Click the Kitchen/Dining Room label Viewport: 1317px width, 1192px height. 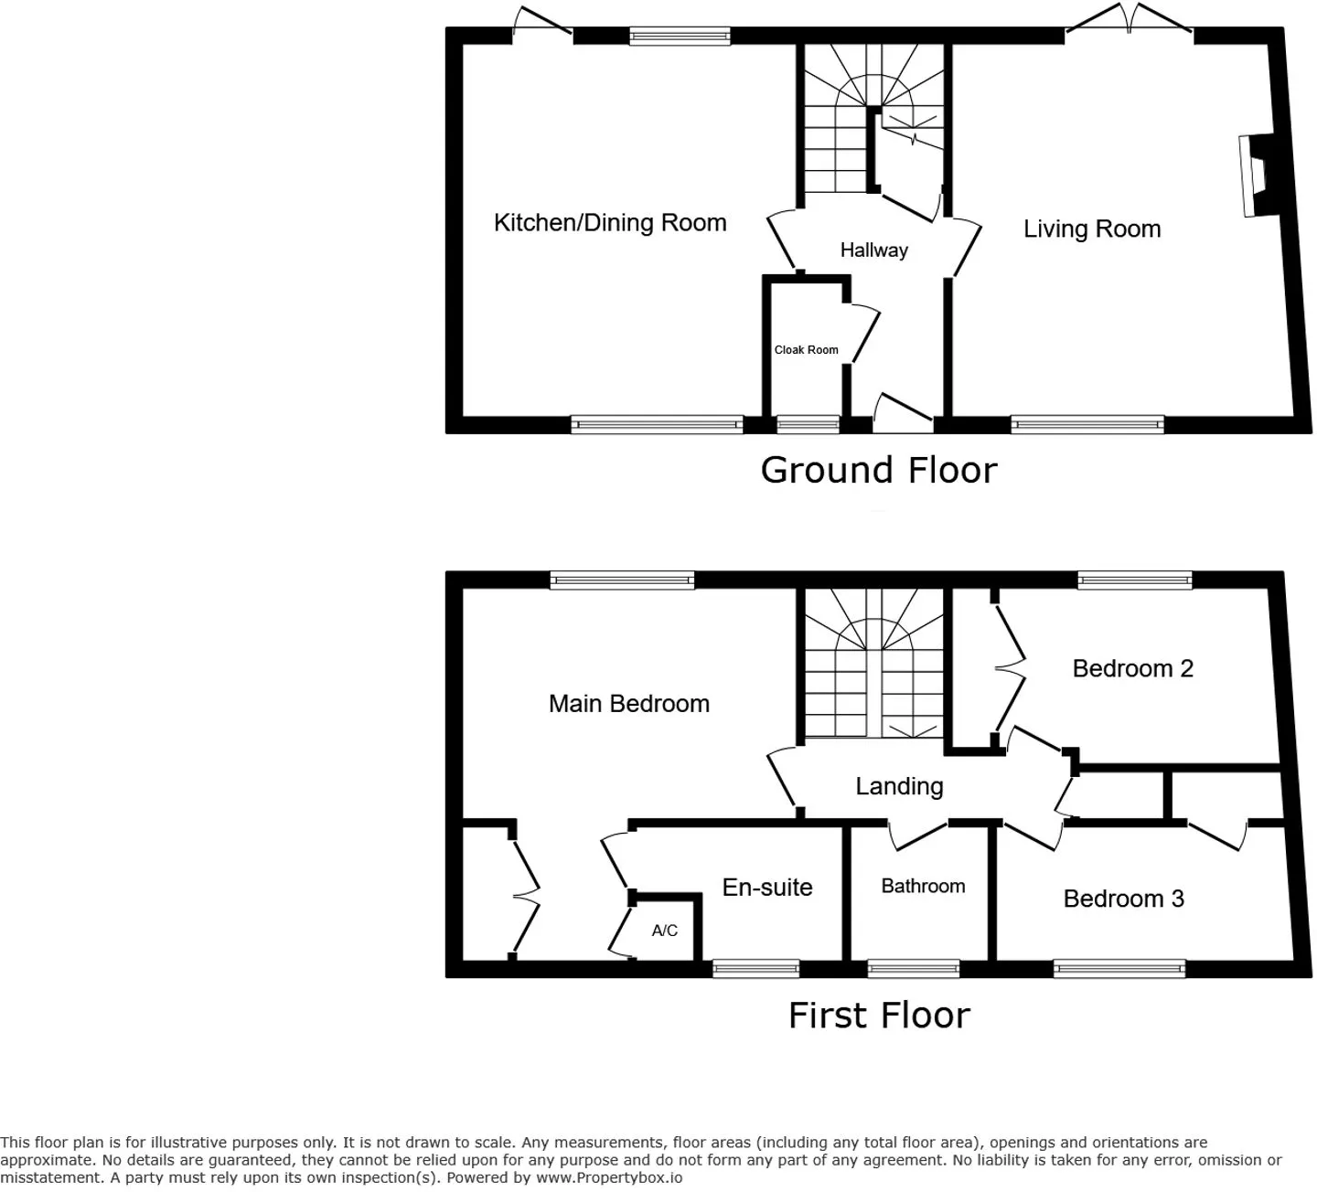pyautogui.click(x=610, y=223)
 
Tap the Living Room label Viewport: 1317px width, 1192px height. pyautogui.click(x=1092, y=229)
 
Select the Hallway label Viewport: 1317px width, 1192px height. pyautogui.click(x=873, y=250)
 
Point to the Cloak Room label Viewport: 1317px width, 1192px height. pyautogui.click(x=807, y=350)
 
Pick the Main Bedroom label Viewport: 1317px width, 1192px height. pyautogui.click(x=629, y=704)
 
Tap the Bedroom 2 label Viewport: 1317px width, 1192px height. pyautogui.click(x=1132, y=669)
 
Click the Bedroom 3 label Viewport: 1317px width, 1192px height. pyautogui.click(x=1123, y=899)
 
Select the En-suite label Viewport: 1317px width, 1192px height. pyautogui.click(x=767, y=888)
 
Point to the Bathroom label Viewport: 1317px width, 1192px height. pyautogui.click(x=923, y=886)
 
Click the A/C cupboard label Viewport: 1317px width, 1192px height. pyautogui.click(x=664, y=930)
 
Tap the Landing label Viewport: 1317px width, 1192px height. pyautogui.click(x=899, y=786)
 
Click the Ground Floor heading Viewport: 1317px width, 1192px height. pyautogui.click(x=879, y=470)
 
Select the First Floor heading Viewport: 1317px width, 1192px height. pyautogui.click(x=879, y=1016)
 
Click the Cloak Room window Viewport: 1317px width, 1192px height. pyautogui.click(x=808, y=425)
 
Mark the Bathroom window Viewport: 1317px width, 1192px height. pyautogui.click(x=914, y=968)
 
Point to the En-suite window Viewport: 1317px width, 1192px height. pyautogui.click(x=755, y=968)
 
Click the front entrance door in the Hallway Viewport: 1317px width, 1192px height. pyautogui.click(x=904, y=413)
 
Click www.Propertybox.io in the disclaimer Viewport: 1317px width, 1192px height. pyautogui.click(x=608, y=1177)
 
